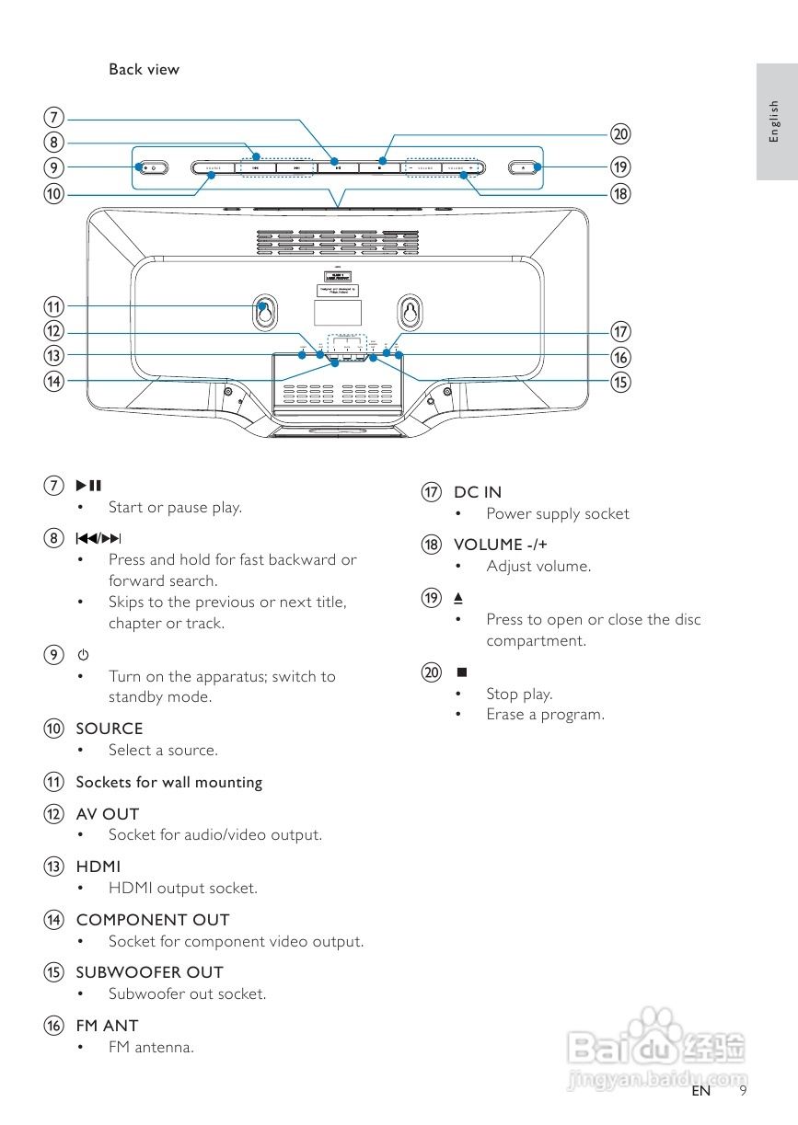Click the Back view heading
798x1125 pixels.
click(x=144, y=69)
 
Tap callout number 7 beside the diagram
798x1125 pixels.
click(x=55, y=118)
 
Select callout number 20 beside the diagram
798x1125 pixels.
click(x=620, y=134)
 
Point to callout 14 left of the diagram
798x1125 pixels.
click(x=55, y=381)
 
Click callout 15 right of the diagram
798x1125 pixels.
click(x=620, y=381)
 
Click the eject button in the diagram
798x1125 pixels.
click(x=521, y=167)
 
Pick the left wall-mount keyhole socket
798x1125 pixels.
click(x=263, y=313)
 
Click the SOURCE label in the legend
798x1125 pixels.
click(x=109, y=729)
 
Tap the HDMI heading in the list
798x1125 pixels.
click(x=98, y=867)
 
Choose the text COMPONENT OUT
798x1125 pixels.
click(x=153, y=920)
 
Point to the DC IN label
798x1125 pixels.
click(x=478, y=492)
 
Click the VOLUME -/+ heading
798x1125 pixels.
click(x=501, y=545)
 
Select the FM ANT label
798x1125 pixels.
click(x=107, y=1026)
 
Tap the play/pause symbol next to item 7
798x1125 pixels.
click(x=88, y=485)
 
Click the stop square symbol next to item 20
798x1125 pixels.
click(x=461, y=672)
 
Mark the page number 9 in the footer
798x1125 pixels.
click(x=742, y=1092)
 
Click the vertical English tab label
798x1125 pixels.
click(x=774, y=121)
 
